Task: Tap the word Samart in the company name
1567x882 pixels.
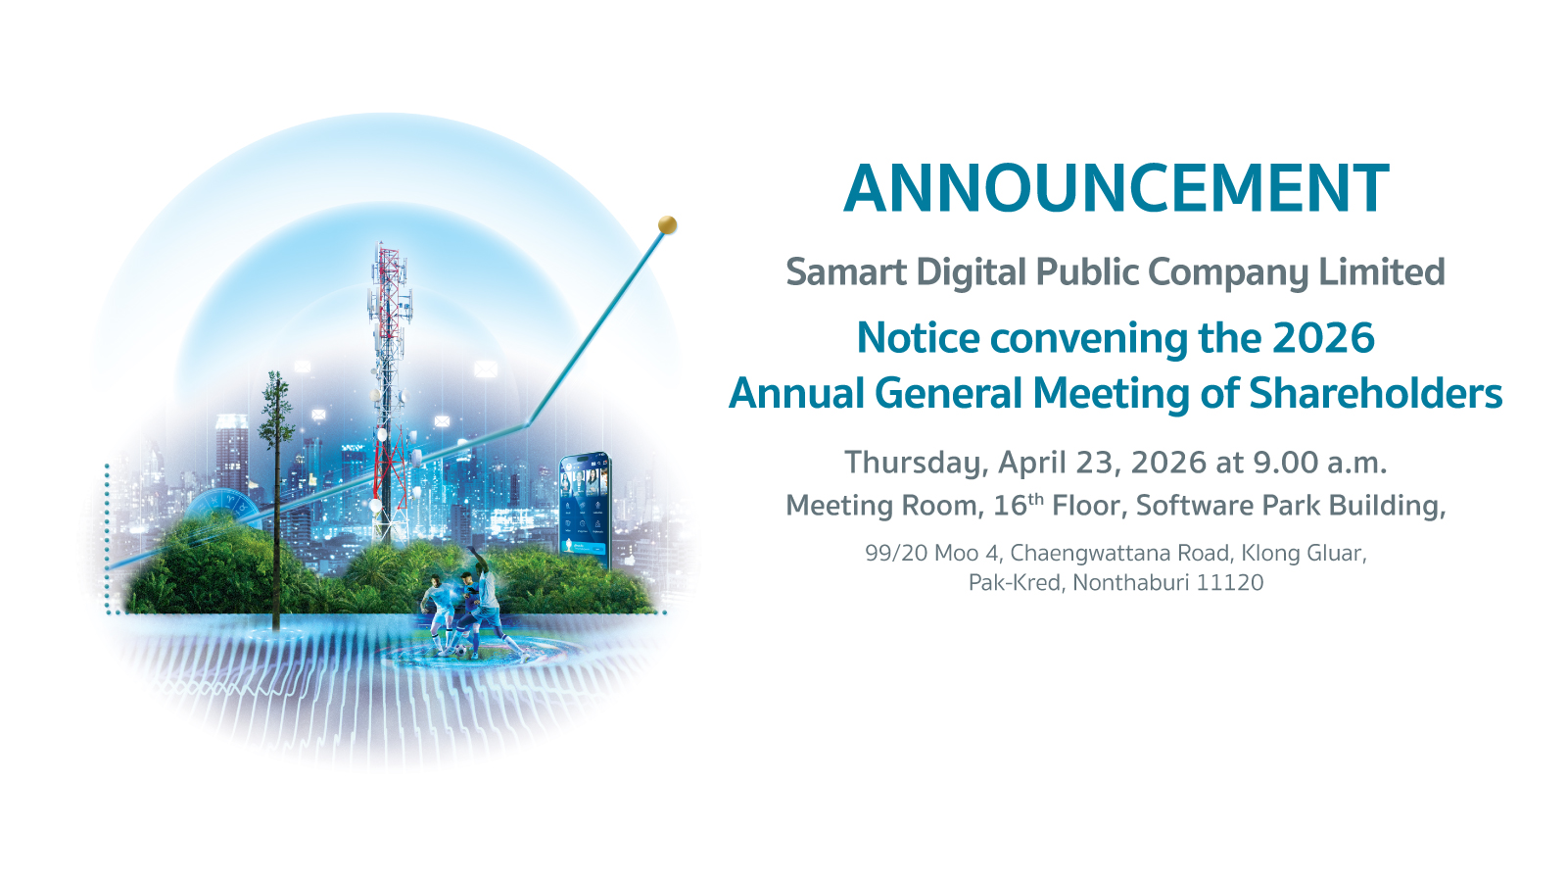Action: [846, 272]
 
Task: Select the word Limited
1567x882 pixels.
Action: [1382, 271]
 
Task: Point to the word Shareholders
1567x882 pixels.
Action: [1375, 393]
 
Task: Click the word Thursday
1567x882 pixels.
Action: [917, 464]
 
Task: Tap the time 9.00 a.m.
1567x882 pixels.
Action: [1319, 463]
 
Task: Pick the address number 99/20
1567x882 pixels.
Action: [896, 553]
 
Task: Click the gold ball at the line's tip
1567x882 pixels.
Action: [667, 224]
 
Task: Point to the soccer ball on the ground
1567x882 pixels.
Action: [461, 651]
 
